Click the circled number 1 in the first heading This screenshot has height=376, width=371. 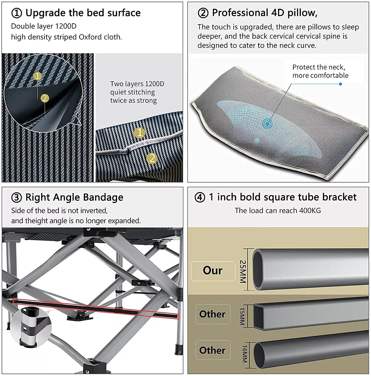click(x=17, y=13)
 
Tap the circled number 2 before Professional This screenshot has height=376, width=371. click(x=203, y=13)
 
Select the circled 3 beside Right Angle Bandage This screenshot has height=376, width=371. click(x=17, y=198)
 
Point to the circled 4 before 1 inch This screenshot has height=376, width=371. click(x=200, y=198)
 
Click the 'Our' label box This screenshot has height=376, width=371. click(x=213, y=271)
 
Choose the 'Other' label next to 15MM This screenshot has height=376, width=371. click(x=213, y=314)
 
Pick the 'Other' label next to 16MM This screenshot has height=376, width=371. click(x=213, y=350)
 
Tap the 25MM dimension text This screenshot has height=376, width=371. click(x=243, y=271)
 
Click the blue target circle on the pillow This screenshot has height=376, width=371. click(x=268, y=124)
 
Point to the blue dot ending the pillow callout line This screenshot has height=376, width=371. click(x=340, y=84)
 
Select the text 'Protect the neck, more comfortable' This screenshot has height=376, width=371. click(x=320, y=71)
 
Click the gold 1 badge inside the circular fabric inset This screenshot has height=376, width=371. click(x=38, y=76)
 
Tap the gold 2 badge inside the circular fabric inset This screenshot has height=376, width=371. click(x=45, y=98)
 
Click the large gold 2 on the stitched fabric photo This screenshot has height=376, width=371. click(x=152, y=158)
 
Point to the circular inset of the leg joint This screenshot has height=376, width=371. click(x=30, y=327)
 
